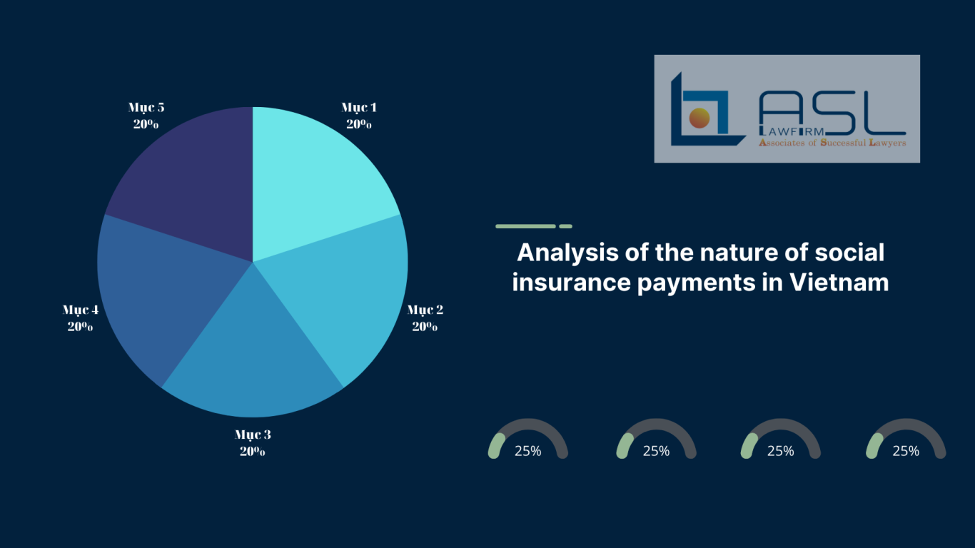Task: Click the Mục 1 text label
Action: coord(358,107)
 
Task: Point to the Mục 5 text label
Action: coord(146,107)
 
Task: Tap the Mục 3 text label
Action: coord(253,435)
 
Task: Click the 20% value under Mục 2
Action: coord(425,326)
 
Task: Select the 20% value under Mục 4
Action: coord(80,326)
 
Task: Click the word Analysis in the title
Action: coord(567,253)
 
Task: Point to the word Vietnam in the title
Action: coord(839,283)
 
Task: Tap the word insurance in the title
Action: coord(571,283)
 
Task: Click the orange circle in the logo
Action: coord(699,118)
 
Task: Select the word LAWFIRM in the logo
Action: coord(792,131)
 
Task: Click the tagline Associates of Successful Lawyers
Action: coord(832,143)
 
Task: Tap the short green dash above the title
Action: coord(565,226)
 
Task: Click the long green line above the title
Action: coord(526,226)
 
